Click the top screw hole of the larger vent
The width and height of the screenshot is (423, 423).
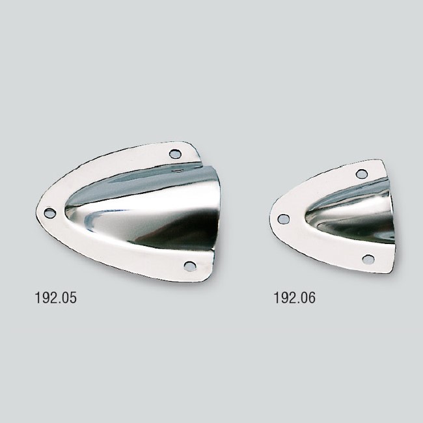point(175,154)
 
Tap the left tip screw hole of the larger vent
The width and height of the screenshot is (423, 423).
point(49,213)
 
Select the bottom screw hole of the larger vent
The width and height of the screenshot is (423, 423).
point(189,266)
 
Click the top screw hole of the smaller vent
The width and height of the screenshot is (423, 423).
point(362,174)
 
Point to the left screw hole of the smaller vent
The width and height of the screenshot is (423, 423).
point(283,219)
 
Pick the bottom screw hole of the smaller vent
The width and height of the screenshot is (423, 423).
point(368,259)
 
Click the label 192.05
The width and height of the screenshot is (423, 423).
point(55,299)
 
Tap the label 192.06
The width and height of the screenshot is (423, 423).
point(295,299)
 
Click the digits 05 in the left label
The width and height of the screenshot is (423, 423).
point(68,299)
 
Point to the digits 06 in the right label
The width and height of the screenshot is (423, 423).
point(307,299)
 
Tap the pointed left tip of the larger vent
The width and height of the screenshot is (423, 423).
point(37,212)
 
